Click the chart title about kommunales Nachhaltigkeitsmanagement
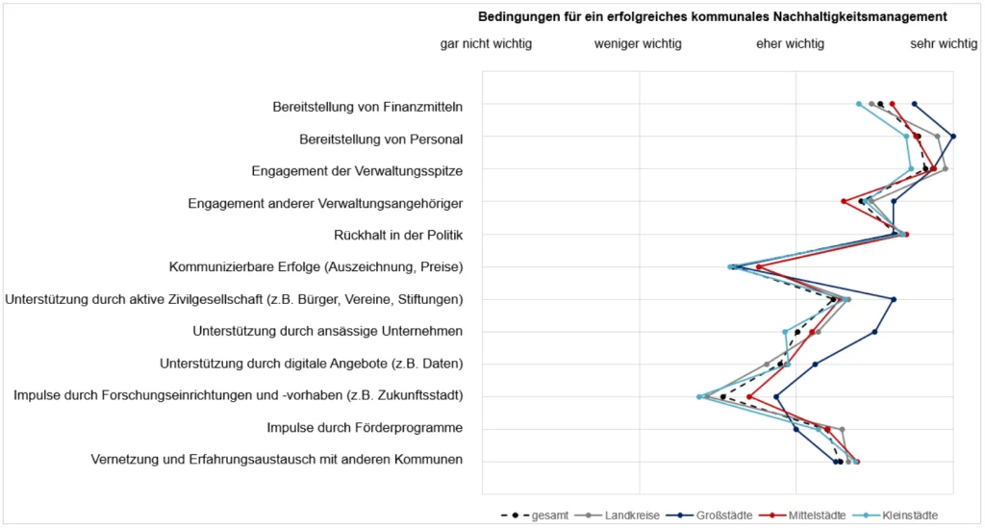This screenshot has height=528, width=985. [713, 16]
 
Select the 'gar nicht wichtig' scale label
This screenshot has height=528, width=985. [486, 43]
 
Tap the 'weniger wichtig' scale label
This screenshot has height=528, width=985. [638, 43]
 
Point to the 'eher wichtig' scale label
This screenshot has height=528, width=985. [790, 43]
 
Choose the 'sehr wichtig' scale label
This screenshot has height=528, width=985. [944, 43]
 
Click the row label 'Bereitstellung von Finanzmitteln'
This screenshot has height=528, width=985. [367, 106]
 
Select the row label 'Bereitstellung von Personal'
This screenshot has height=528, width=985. [381, 138]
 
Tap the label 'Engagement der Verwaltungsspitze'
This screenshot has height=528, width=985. [357, 171]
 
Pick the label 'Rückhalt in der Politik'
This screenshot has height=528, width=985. [398, 235]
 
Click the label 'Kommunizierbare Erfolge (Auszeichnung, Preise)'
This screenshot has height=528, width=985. [316, 266]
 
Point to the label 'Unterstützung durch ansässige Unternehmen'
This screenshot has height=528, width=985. [328, 331]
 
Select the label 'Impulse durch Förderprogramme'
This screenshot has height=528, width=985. [365, 427]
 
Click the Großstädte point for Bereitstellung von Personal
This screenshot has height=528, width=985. [953, 137]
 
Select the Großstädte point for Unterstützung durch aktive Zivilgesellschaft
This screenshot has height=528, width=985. [894, 299]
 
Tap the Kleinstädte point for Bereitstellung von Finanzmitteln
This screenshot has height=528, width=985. [859, 104]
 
